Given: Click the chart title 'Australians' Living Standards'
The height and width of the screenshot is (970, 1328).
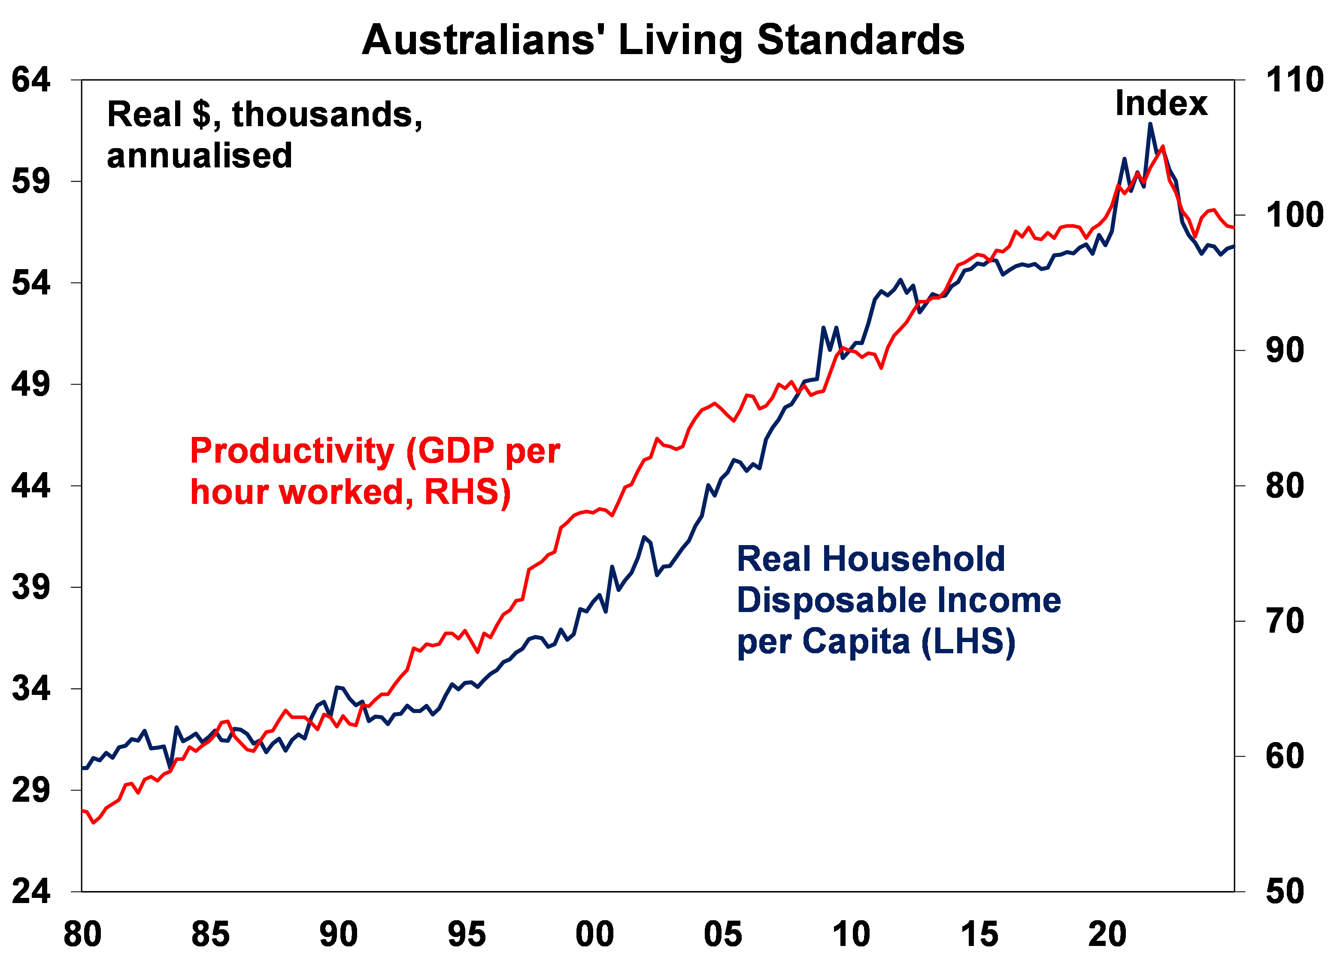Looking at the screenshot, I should (663, 40).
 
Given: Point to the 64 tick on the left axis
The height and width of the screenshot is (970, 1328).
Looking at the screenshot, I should (30, 80).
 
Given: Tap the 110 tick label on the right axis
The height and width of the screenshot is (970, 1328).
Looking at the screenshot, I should (1294, 80).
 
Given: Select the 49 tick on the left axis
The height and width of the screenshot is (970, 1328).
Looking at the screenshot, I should (30, 385).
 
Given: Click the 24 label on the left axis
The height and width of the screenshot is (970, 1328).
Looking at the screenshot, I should (30, 891).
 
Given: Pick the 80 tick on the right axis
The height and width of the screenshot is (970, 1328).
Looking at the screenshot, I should (1285, 485).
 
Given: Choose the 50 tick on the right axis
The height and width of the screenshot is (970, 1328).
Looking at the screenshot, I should (1285, 891).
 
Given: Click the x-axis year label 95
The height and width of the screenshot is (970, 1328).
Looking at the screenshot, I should (467, 934).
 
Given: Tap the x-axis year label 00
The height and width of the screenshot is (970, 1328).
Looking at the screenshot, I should (595, 934).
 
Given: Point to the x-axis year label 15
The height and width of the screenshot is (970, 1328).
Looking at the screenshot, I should (979, 934).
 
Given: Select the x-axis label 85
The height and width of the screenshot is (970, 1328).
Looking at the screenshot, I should (210, 934).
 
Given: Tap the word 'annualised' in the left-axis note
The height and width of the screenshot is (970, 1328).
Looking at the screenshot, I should (200, 156).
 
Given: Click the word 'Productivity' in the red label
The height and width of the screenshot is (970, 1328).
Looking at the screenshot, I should (292, 452).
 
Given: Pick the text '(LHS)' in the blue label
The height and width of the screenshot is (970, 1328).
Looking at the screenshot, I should (968, 641).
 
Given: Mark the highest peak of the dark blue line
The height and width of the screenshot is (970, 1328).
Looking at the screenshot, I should (1149, 124).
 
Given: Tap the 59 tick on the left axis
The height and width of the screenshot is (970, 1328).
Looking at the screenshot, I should (30, 182).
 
